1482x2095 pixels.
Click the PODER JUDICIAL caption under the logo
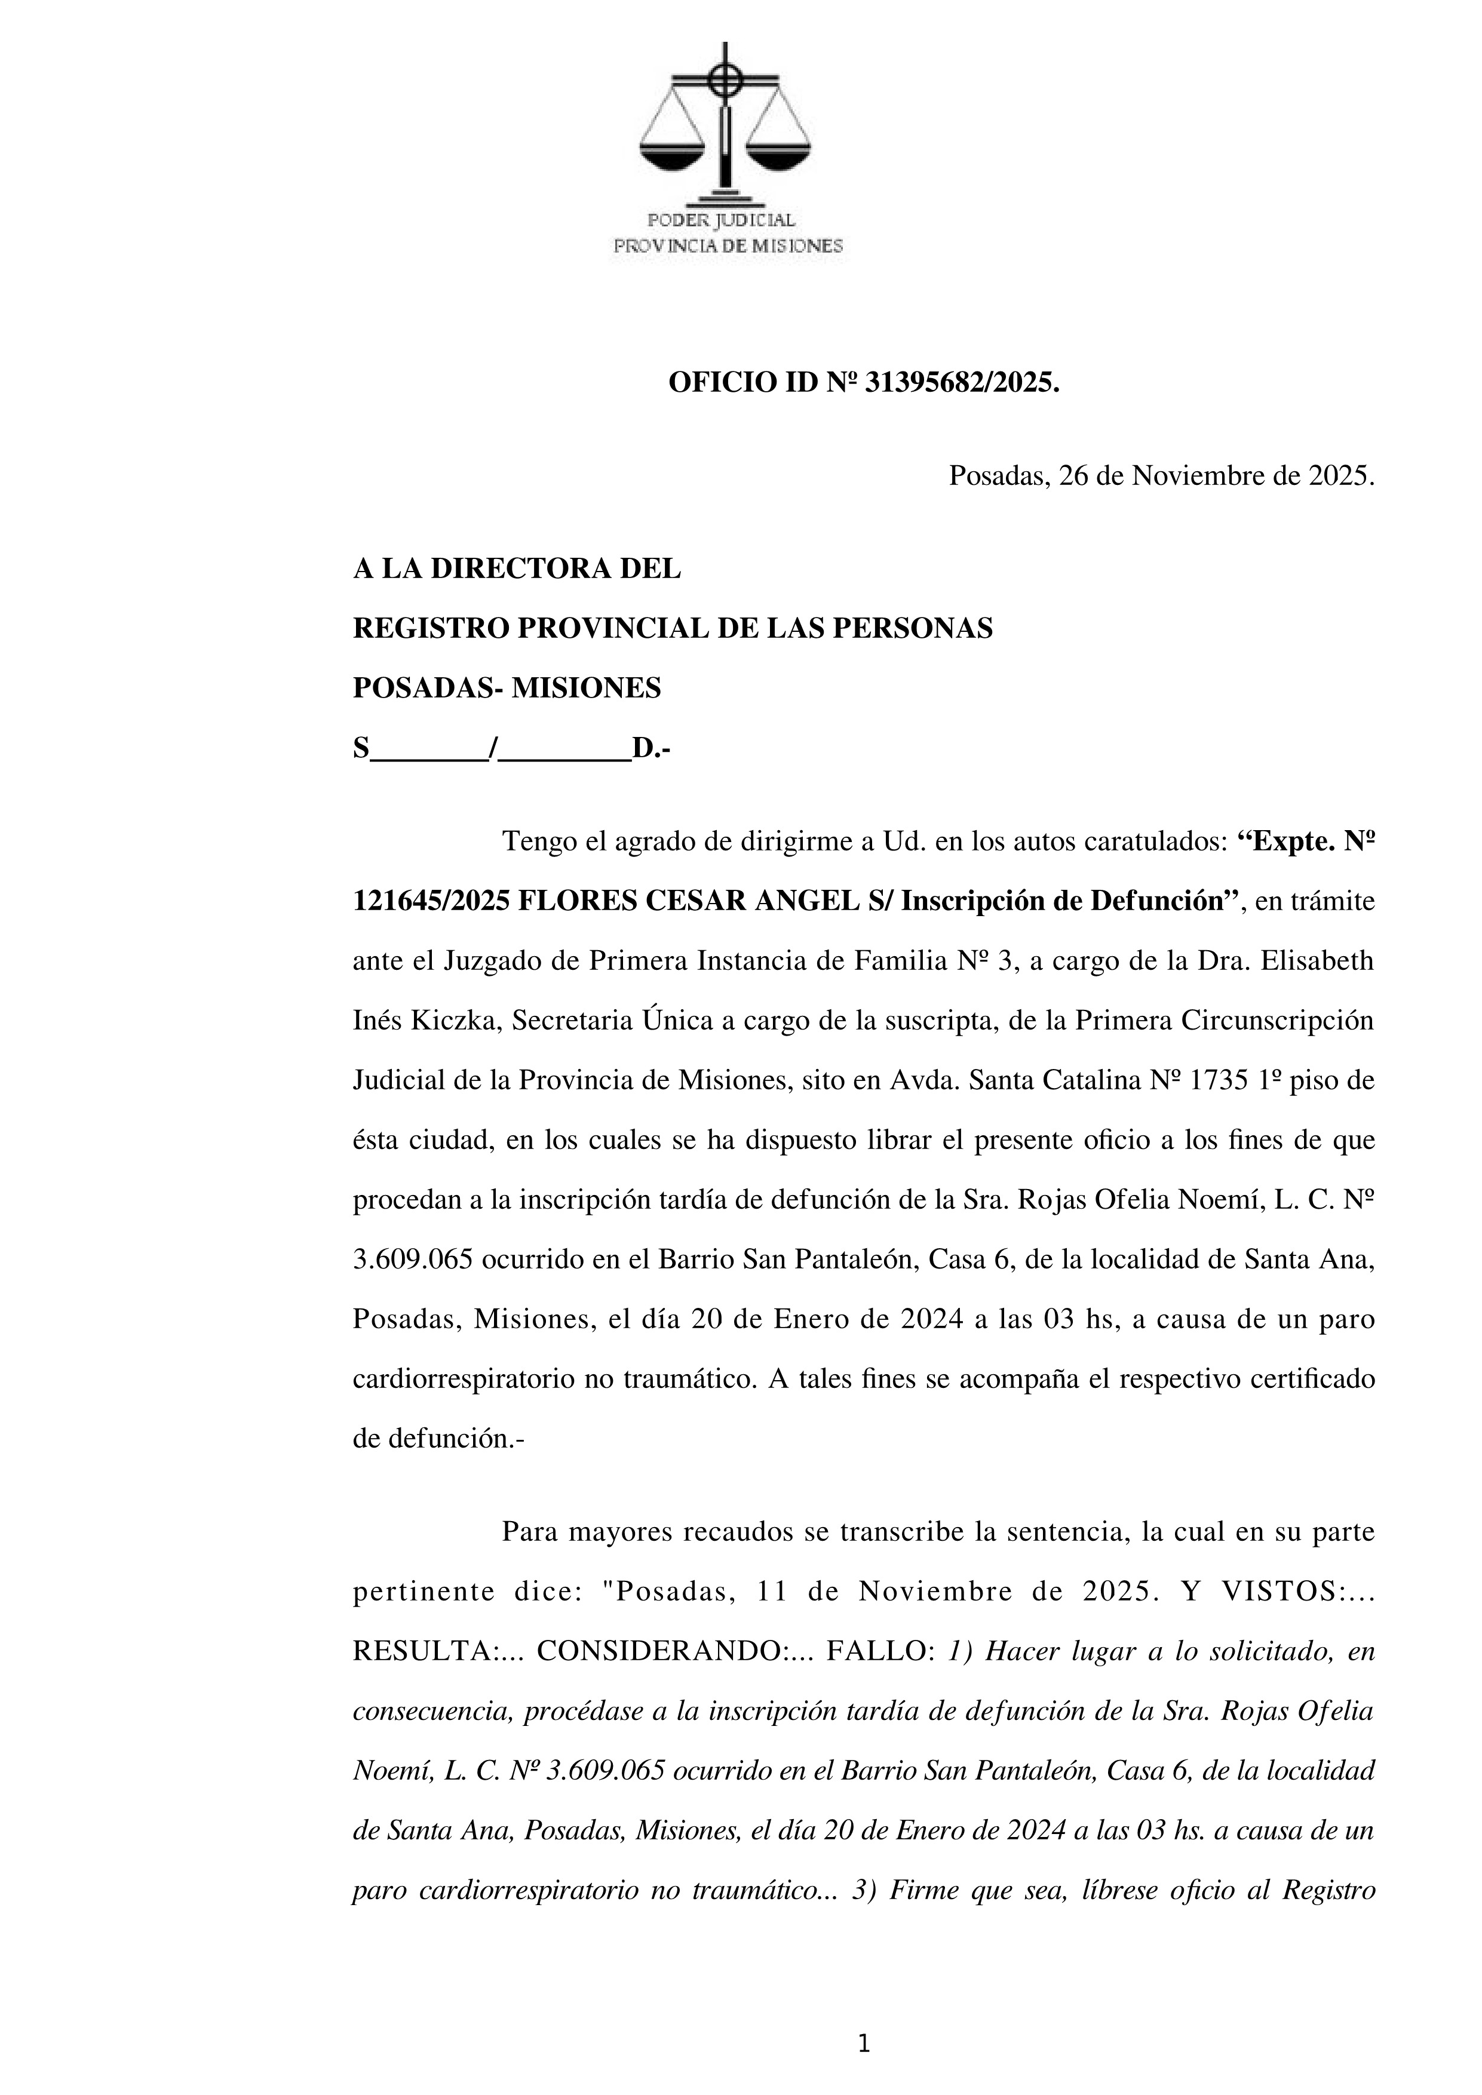click(721, 221)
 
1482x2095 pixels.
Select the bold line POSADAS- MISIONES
click(507, 688)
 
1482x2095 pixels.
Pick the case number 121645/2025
click(431, 902)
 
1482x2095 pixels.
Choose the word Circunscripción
click(1278, 1021)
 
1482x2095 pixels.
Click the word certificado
click(1311, 1379)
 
